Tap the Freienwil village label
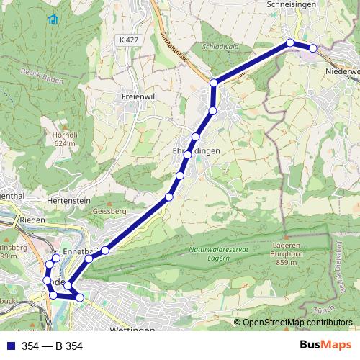click(x=139, y=95)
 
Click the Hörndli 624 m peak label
click(x=65, y=139)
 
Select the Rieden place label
click(x=33, y=220)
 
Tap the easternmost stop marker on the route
click(x=313, y=48)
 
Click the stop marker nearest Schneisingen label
click(x=290, y=43)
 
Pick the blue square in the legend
click(x=11, y=346)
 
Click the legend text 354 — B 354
click(x=53, y=346)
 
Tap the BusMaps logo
click(x=326, y=346)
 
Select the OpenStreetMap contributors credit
click(x=297, y=323)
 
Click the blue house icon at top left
click(x=52, y=19)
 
